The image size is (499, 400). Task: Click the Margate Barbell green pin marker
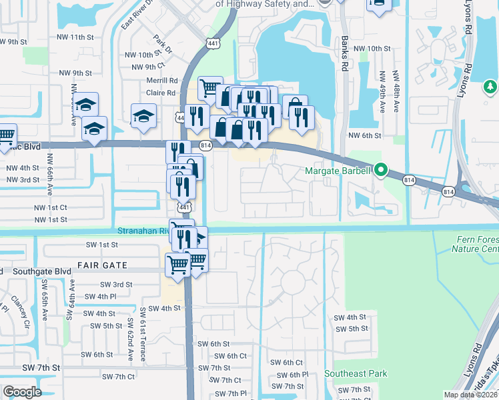(381, 170)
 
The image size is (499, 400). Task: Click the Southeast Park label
(356, 373)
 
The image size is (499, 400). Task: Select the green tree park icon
(490, 87)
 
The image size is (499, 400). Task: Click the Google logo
(22, 392)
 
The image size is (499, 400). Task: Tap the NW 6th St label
(365, 135)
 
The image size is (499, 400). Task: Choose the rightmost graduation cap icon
(143, 117)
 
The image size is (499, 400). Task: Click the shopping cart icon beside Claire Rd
(209, 87)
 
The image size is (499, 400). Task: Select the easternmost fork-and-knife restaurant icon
(302, 117)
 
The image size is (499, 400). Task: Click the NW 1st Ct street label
(51, 208)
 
